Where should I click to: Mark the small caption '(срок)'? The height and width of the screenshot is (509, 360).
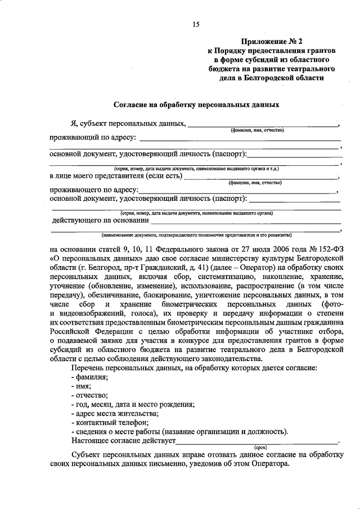(261, 448)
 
